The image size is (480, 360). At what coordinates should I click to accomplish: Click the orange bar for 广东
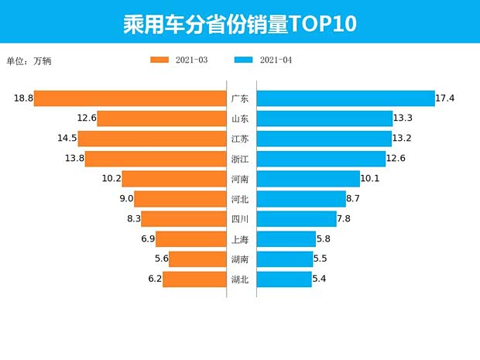coord(129,98)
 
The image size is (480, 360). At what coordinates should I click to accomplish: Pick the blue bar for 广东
coord(345,98)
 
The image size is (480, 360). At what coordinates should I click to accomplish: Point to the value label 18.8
coord(22,98)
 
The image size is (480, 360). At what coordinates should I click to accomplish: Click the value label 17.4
coord(445,98)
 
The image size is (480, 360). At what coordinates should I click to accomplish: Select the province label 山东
coord(240,118)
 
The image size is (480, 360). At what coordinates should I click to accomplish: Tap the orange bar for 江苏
coord(152,139)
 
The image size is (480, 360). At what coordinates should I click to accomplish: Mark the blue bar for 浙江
coord(321,159)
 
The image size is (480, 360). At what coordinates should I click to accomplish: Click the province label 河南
coord(240,179)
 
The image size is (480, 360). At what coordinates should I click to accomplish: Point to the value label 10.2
coord(111,179)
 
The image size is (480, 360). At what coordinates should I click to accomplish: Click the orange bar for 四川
coord(183,219)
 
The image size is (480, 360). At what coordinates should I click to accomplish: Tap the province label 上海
coord(240,239)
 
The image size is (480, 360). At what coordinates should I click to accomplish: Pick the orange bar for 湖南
coord(197,259)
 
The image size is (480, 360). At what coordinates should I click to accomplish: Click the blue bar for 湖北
coord(283,279)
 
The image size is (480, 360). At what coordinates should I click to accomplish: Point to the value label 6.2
coord(154,279)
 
